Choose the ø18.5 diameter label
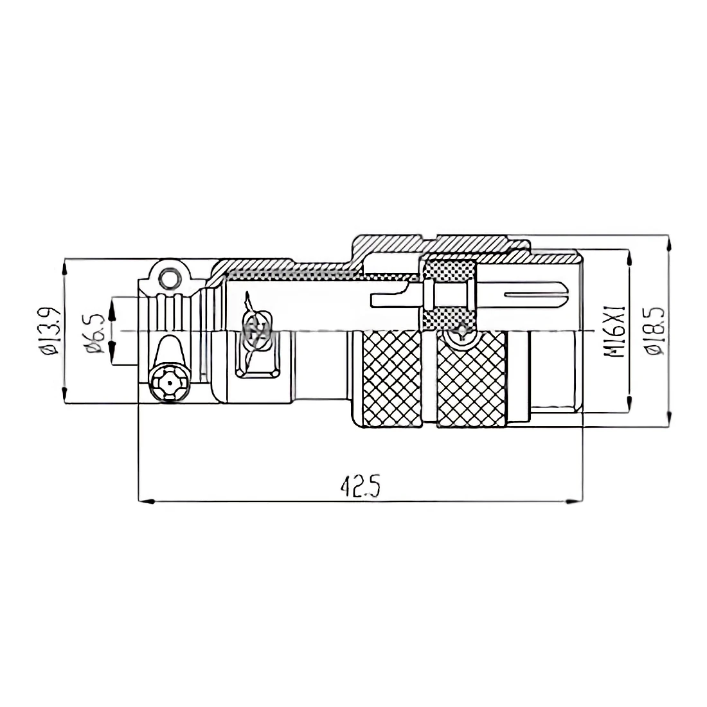pos(655,331)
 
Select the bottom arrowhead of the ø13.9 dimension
pos(65,397)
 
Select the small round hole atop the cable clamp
pos(170,278)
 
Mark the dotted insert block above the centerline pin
pos(450,269)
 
